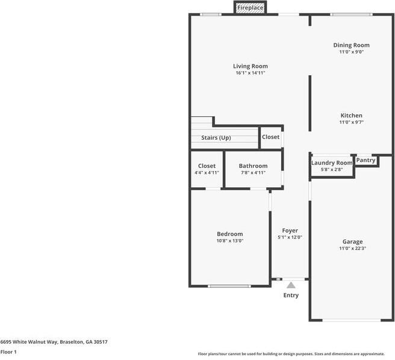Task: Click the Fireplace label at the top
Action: [x=249, y=8]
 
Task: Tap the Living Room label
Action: [x=250, y=66]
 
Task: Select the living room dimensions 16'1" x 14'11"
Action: [x=250, y=73]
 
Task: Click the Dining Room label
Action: [x=352, y=45]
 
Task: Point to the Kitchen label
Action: [x=352, y=116]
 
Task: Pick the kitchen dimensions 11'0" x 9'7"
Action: [x=352, y=122]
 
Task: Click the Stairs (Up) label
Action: [x=216, y=138]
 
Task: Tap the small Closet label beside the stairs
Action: [x=271, y=137]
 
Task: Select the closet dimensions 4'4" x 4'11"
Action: [x=207, y=173]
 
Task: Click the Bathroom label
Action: [x=253, y=166]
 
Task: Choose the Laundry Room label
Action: [x=332, y=163]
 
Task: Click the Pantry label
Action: [x=366, y=160]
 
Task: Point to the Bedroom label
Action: [x=230, y=234]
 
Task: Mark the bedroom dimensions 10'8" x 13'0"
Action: [x=230, y=241]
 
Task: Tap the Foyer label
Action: [x=290, y=231]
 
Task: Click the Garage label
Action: [x=352, y=241]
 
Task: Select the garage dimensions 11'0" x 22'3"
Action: [x=352, y=248]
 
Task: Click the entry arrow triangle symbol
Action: [x=291, y=285]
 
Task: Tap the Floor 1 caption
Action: [x=8, y=352]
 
